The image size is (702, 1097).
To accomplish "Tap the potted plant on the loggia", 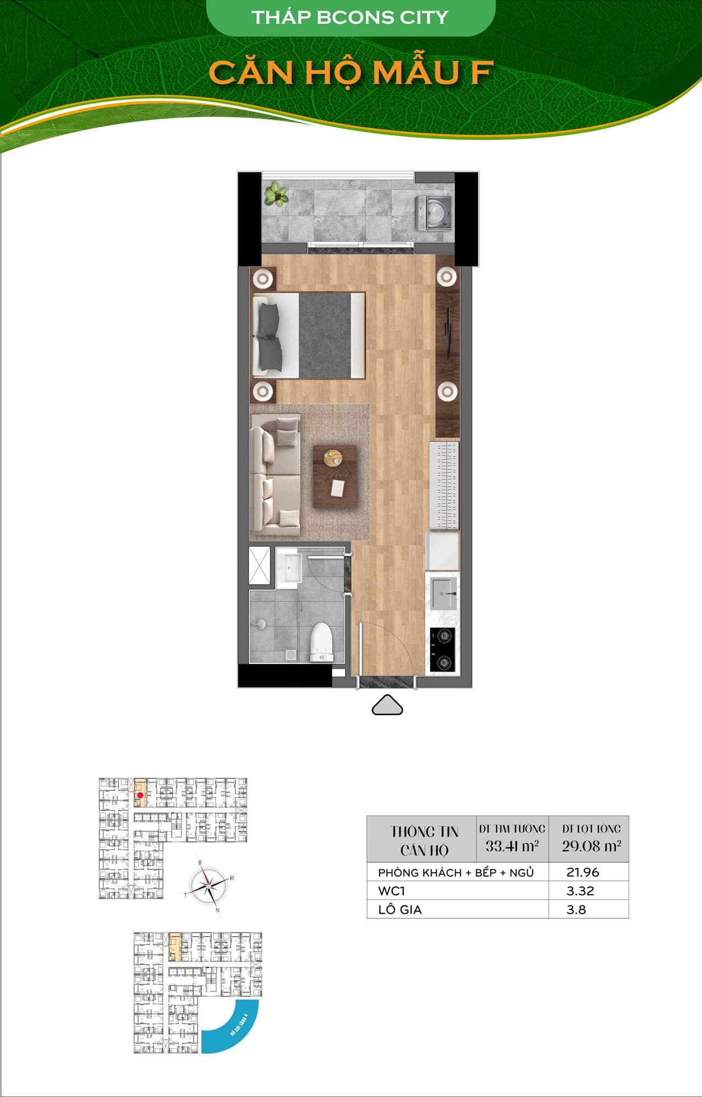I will coord(276,194).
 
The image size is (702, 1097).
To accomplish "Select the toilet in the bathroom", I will coord(322,642).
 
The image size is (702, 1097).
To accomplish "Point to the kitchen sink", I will coord(443,592).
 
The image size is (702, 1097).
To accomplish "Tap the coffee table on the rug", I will coord(335,476).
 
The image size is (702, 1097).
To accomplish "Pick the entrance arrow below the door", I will coord(387,705).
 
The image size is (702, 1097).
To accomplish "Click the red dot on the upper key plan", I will coord(140,795).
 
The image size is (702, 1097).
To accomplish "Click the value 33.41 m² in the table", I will coord(512,846).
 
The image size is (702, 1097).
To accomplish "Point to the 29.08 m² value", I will coord(591,846).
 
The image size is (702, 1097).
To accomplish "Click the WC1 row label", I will coord(392,891).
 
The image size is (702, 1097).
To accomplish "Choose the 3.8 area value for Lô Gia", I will coord(576,909).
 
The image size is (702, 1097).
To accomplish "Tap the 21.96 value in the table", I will coord(582,872).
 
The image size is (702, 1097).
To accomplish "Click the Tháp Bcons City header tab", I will coord(350,18).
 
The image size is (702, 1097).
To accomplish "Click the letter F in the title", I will coord(481,73).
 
